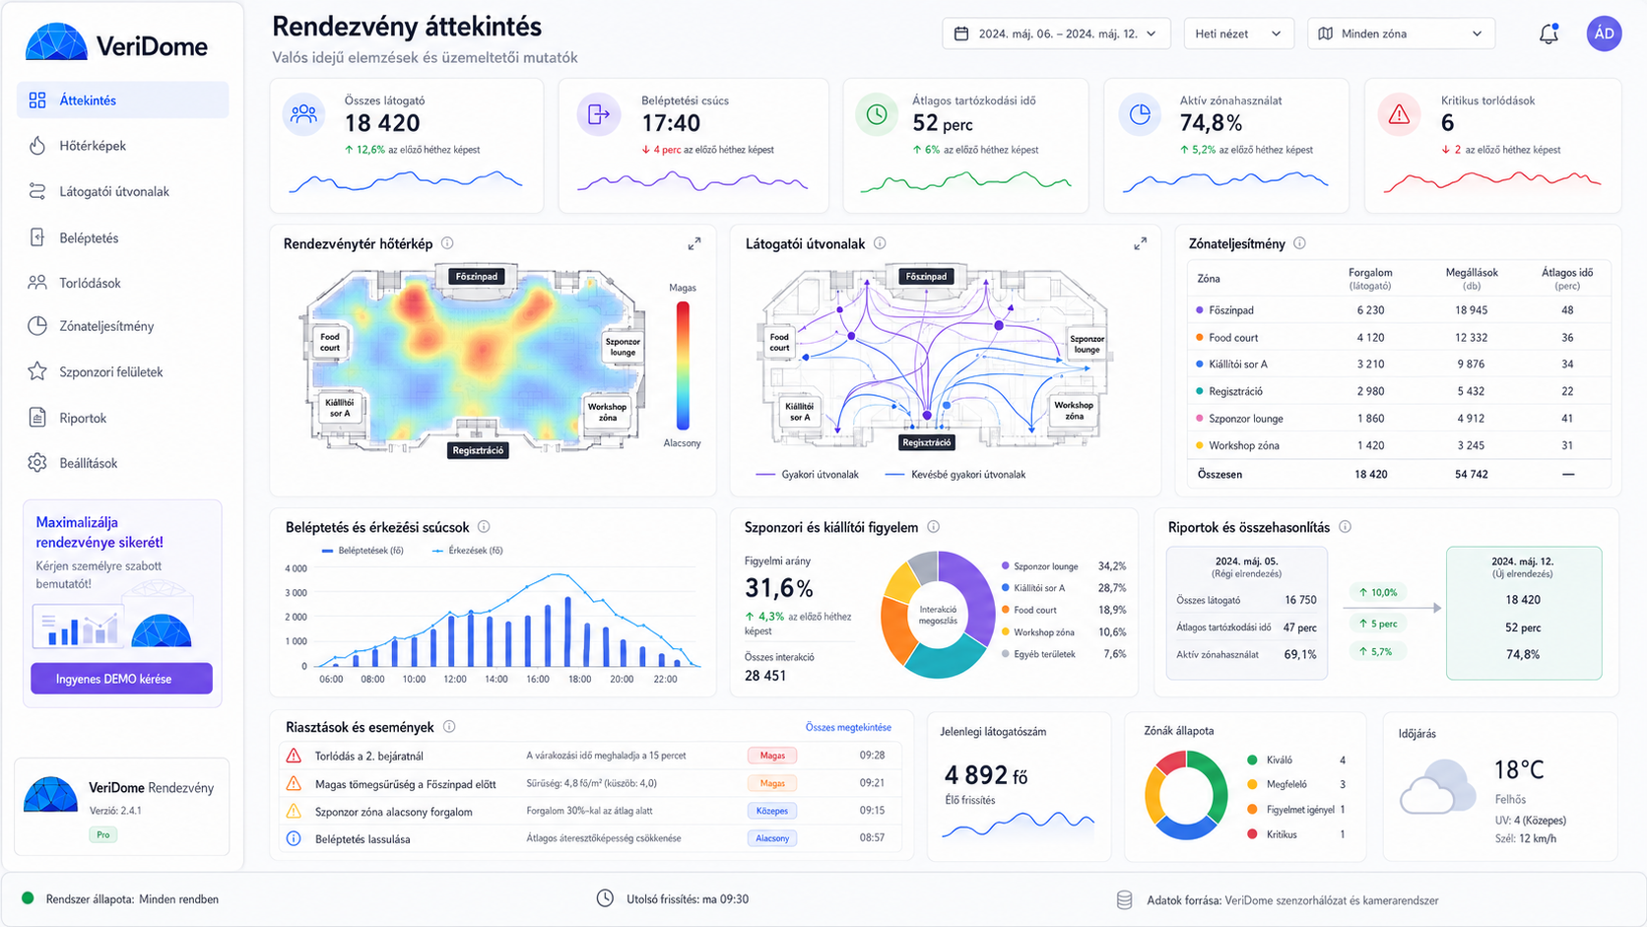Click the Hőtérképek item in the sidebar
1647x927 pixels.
[x=93, y=146]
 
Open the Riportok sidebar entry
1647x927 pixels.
[x=83, y=418]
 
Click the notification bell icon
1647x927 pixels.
[x=1548, y=33]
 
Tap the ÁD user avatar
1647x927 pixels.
[x=1604, y=33]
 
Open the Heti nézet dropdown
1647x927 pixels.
[x=1238, y=33]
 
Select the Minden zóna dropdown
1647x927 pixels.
[x=1401, y=33]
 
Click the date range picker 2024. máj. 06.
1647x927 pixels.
[x=1056, y=33]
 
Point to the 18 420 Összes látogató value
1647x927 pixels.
[x=382, y=123]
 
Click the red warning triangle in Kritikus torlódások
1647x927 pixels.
[x=1399, y=114]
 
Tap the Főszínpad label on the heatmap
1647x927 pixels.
[x=476, y=277]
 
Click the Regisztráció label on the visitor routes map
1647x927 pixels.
[x=926, y=442]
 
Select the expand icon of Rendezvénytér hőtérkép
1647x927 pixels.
[x=694, y=244]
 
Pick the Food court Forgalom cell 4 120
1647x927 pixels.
[x=1370, y=338]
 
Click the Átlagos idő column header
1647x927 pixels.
[x=1567, y=279]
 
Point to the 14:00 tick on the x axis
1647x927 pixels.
[x=496, y=680]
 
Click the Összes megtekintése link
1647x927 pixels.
[x=848, y=727]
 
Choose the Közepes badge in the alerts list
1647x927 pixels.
[x=772, y=811]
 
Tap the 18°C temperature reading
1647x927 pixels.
[x=1518, y=769]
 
